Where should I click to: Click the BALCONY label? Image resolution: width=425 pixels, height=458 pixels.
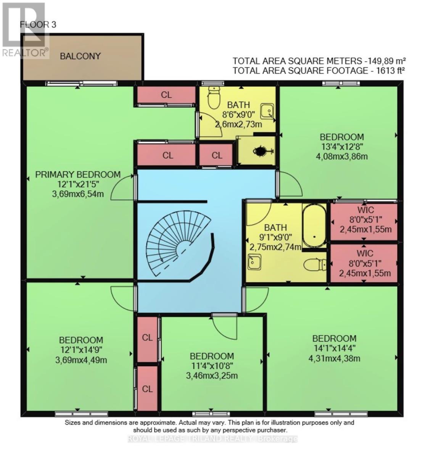coord(80,56)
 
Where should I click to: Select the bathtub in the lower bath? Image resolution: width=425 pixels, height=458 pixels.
coord(314,225)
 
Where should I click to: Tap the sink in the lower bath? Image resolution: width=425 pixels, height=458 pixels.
coord(253,263)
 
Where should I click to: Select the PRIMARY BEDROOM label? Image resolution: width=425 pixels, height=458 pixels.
coord(78,174)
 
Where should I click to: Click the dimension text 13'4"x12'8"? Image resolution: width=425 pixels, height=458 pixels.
coord(342,147)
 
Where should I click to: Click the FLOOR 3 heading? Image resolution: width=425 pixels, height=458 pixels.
coord(38,25)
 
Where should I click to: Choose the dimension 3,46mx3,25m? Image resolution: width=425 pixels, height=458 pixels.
coord(212,376)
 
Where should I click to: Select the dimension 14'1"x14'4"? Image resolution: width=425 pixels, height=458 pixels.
coord(334,348)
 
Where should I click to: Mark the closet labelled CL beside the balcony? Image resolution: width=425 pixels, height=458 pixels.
coord(166,95)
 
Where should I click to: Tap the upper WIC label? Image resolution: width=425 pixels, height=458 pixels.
coord(365,210)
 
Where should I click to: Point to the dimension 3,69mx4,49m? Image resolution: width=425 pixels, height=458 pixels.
coord(81,360)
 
